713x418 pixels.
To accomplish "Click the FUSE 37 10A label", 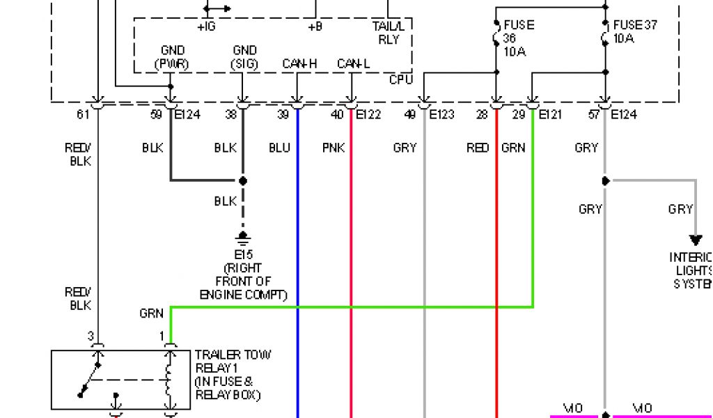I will click(634, 31).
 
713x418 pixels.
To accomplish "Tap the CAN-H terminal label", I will click(299, 64).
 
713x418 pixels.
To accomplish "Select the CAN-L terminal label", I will click(354, 64).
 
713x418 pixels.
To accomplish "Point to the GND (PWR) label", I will click(173, 57).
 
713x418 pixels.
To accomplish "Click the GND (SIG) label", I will click(244, 57).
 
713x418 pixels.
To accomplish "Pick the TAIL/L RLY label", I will click(389, 33).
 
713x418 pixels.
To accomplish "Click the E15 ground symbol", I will click(243, 238).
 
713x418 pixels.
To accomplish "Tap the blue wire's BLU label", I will click(279, 148).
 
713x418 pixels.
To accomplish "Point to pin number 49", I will click(410, 115).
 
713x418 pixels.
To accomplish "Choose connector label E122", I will click(368, 115).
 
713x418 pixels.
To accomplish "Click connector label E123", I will click(441, 115).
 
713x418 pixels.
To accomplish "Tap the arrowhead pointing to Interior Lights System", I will click(695, 241).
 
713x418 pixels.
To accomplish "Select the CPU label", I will click(400, 80).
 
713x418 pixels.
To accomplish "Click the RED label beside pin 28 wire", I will click(478, 148).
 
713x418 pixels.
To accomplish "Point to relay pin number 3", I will click(91, 336).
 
